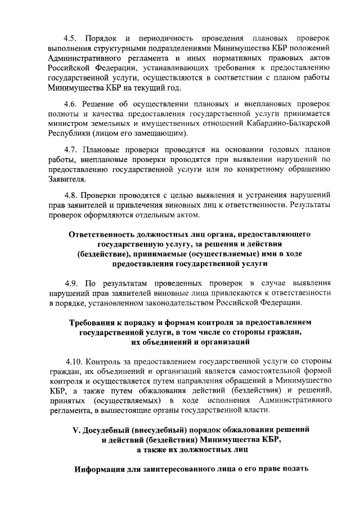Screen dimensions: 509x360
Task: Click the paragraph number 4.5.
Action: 71,38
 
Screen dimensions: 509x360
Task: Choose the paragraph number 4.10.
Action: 73,361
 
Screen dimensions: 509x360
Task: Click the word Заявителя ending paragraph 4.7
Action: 67,180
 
